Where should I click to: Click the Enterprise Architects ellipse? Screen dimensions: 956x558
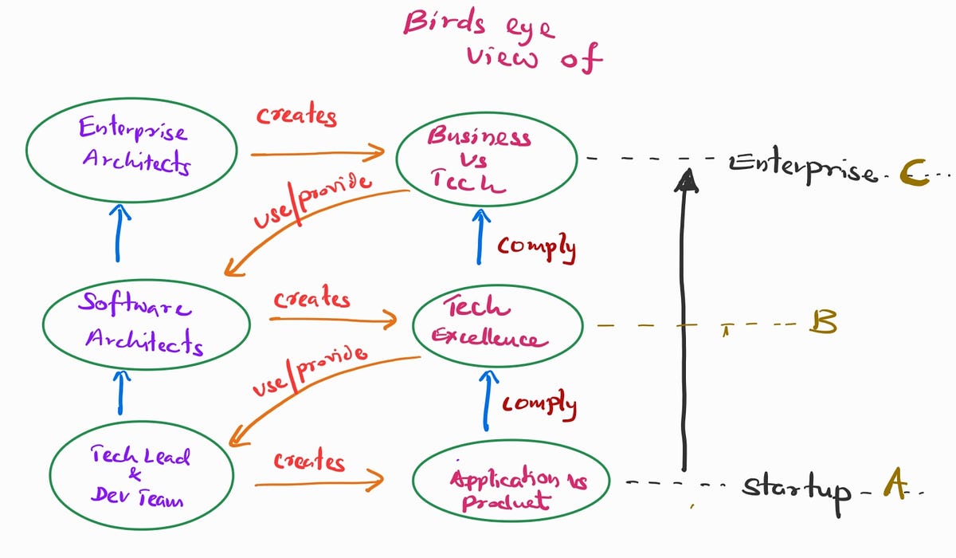pos(131,99)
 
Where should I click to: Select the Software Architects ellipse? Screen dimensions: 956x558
pos(147,281)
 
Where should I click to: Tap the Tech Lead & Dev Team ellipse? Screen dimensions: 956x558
pos(141,422)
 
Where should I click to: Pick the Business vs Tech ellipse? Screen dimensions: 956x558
pos(487,113)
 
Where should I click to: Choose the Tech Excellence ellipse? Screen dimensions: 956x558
pos(498,285)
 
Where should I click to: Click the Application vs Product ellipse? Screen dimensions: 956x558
pos(511,442)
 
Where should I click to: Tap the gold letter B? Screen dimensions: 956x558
pos(823,321)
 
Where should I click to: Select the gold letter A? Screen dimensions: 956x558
pos(895,483)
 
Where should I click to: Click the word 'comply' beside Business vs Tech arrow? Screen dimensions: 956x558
pos(536,249)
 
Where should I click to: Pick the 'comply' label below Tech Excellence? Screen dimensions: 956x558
pos(539,405)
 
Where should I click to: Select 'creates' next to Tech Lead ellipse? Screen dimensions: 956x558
pos(309,461)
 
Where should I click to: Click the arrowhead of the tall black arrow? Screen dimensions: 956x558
pos(687,179)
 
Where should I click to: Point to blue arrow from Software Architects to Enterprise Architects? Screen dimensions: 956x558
pos(118,233)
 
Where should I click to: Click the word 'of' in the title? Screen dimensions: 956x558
pos(582,58)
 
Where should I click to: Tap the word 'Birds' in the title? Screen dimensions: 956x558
pos(445,22)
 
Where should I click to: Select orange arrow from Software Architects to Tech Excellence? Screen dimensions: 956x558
pos(333,320)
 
